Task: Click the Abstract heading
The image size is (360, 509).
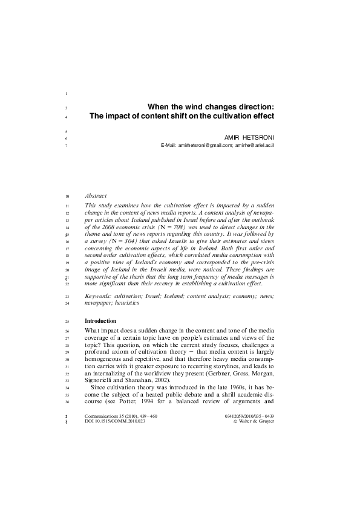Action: (96, 196)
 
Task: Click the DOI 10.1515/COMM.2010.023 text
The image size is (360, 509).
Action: (115, 422)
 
